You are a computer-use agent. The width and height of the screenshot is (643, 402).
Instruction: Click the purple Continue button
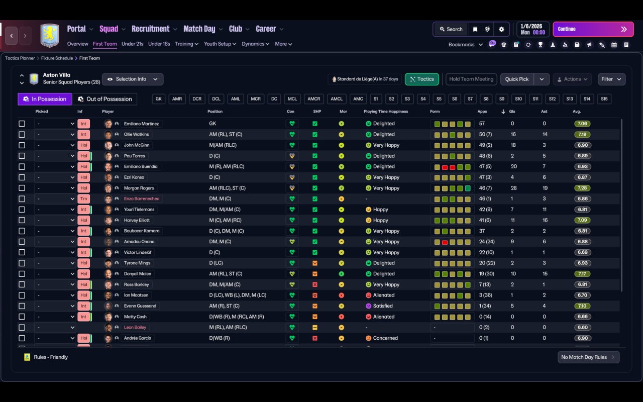pos(593,29)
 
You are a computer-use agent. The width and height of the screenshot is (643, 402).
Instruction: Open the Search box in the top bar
pos(450,29)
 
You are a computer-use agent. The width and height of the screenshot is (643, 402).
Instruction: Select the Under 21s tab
pos(132,44)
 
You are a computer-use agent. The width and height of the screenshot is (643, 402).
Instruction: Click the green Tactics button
pos(422,79)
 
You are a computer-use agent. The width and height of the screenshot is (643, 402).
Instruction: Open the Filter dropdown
pos(611,79)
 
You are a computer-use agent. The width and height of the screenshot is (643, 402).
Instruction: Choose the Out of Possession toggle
pos(105,99)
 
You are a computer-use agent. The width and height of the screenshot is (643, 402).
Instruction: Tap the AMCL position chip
pos(337,99)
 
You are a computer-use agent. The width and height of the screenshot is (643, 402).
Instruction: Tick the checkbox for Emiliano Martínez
pos(22,124)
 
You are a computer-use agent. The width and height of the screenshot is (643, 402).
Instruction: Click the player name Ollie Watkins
pos(137,135)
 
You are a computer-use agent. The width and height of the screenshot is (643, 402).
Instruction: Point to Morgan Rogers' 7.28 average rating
pos(582,188)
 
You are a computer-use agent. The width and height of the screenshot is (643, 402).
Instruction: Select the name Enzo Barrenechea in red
pos(142,199)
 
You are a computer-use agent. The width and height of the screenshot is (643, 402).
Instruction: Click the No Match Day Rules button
pos(588,357)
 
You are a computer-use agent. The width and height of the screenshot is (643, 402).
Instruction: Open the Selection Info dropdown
pos(133,79)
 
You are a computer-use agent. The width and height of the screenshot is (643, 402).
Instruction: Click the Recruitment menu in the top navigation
pos(151,29)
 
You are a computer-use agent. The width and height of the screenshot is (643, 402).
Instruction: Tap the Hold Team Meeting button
pos(471,79)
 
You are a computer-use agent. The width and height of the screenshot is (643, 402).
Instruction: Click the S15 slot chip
pos(604,99)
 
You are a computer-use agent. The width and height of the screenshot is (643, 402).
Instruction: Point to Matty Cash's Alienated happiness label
pos(384,317)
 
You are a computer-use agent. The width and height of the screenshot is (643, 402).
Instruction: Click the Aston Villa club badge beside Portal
pos(49,36)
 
